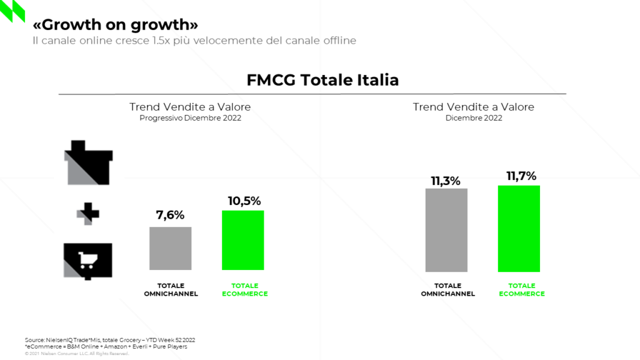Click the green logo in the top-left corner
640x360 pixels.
click(12, 11)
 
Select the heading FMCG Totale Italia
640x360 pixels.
click(322, 81)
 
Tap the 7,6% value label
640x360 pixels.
click(170, 216)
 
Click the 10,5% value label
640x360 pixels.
click(243, 201)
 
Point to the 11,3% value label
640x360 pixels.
click(446, 181)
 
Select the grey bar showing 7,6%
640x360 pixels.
click(170, 248)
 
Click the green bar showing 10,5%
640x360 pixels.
click(243, 240)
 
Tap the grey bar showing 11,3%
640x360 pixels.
click(446, 230)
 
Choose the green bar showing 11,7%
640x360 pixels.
click(519, 229)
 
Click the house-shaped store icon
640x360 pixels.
click(89, 163)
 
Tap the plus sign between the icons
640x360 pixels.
click(88, 214)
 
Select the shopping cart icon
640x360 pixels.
click(88, 261)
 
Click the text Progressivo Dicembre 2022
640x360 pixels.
click(190, 118)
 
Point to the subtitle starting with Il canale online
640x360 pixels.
click(194, 41)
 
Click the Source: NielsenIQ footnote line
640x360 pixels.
click(110, 340)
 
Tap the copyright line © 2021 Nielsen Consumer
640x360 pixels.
click(77, 354)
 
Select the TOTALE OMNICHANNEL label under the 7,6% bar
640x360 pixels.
click(170, 290)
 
